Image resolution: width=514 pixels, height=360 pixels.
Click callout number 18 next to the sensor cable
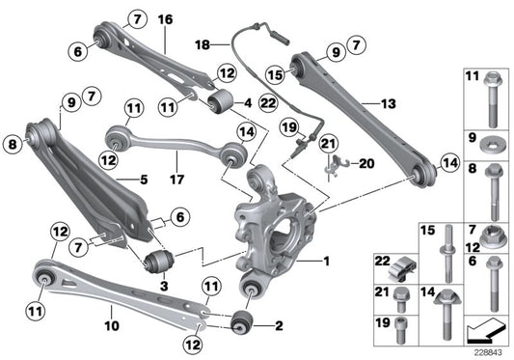pyautogui.click(x=203, y=44)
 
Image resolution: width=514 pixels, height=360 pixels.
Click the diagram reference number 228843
pyautogui.click(x=485, y=352)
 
